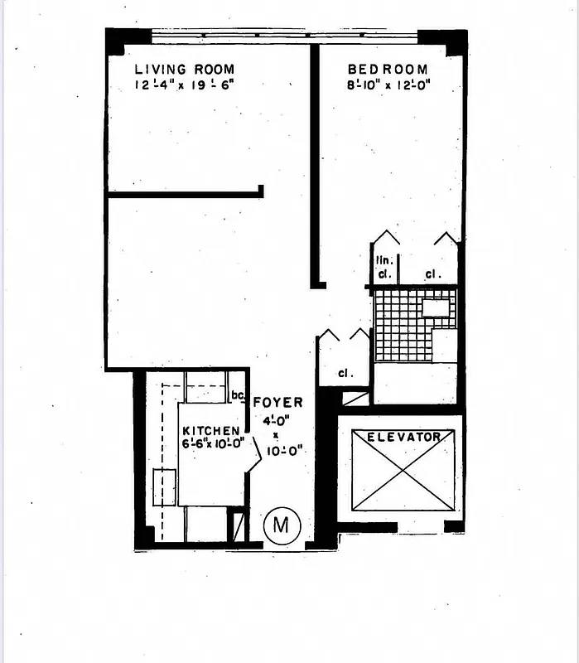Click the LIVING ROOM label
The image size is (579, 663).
(184, 70)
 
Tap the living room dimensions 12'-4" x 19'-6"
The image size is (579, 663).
(184, 85)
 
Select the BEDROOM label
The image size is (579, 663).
(387, 70)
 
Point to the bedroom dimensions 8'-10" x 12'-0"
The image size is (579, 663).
(388, 85)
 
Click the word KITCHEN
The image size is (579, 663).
(211, 431)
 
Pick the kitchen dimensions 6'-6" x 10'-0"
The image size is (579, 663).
(212, 443)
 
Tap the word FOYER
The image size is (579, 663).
(277, 403)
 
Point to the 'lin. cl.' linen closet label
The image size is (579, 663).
(385, 267)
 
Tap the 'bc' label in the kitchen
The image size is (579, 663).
(237, 394)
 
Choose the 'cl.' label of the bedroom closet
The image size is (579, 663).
(432, 273)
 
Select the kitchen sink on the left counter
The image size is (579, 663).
(164, 486)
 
